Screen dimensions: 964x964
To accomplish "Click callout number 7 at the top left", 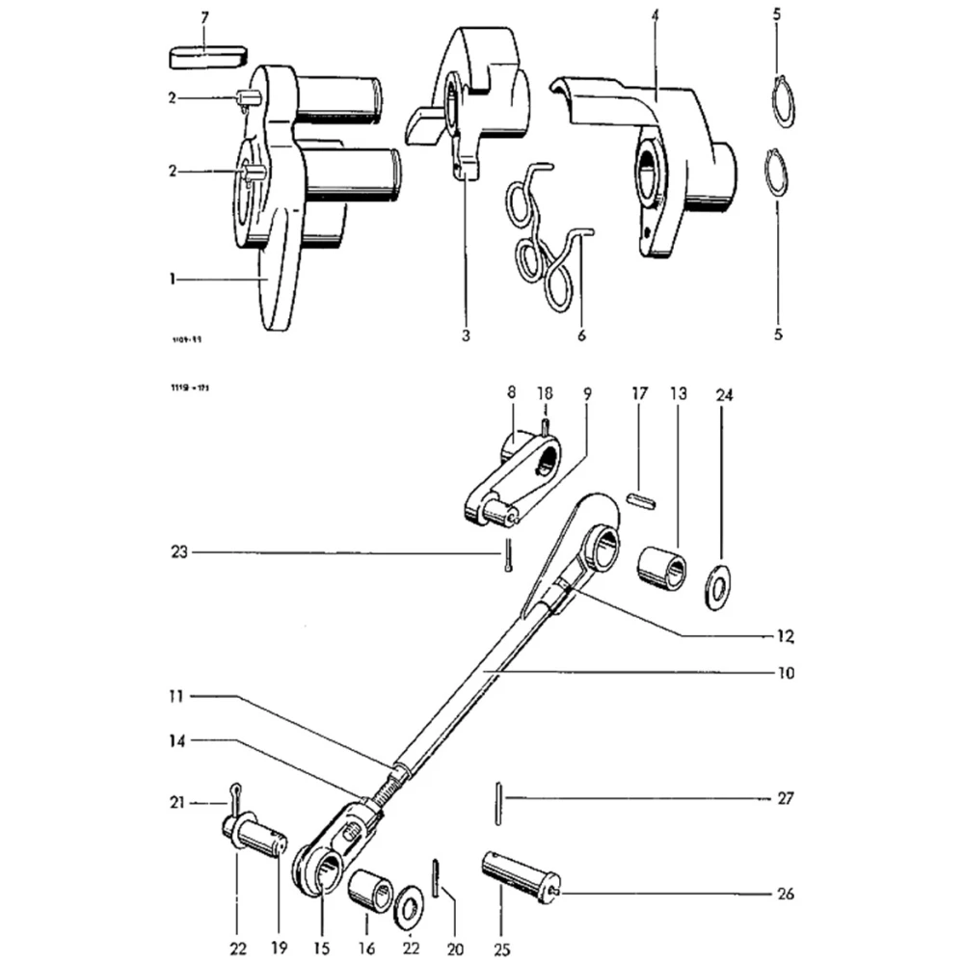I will [203, 18].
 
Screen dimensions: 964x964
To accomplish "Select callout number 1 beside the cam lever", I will [172, 279].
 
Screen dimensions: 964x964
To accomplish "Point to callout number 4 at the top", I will [655, 16].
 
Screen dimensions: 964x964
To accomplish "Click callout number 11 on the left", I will [175, 695].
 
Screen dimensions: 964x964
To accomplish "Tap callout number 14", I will [175, 740].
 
